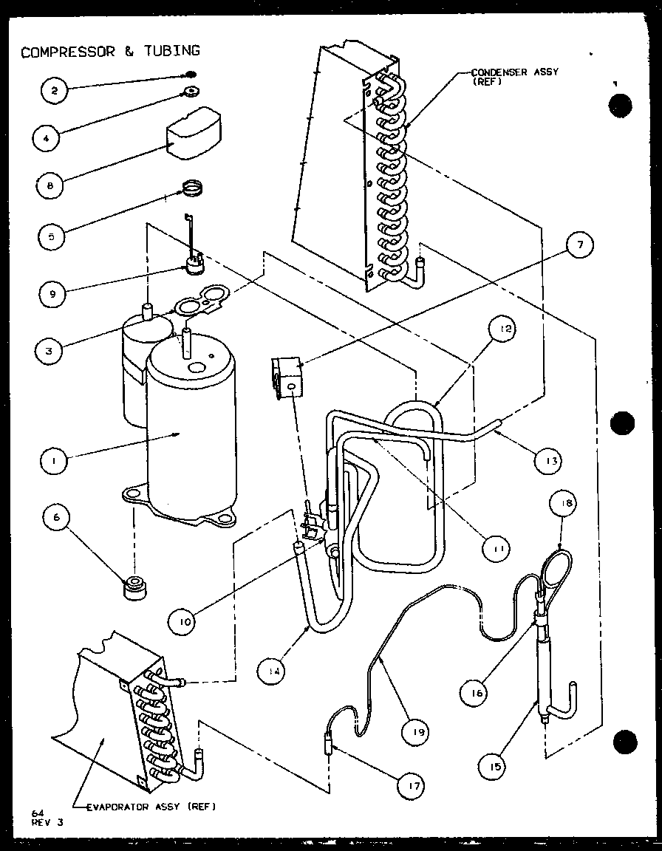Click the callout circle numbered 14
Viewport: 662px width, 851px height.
tap(273, 671)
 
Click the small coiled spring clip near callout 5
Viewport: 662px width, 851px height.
tap(191, 190)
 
